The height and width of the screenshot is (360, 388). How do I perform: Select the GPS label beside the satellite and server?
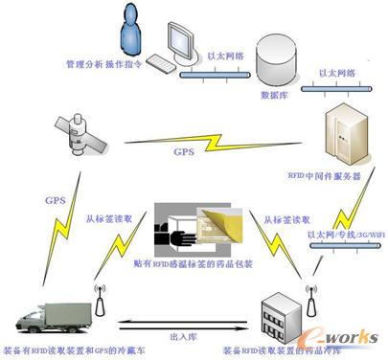point(184,151)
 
